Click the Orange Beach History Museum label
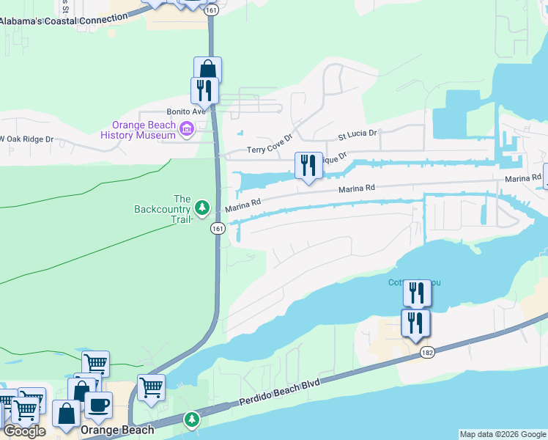pos(138,130)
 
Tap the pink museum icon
pos(187,131)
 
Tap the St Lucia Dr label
pos(357,135)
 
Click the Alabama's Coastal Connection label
pos(58,21)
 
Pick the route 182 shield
pos(428,353)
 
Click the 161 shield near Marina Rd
pos(218,229)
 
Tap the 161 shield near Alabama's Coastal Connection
pos(212,11)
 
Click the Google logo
pos(25,431)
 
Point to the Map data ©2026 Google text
pos(503,434)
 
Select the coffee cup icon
pos(98,404)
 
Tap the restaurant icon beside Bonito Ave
pos(204,90)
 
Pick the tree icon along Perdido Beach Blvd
pos(192,419)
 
